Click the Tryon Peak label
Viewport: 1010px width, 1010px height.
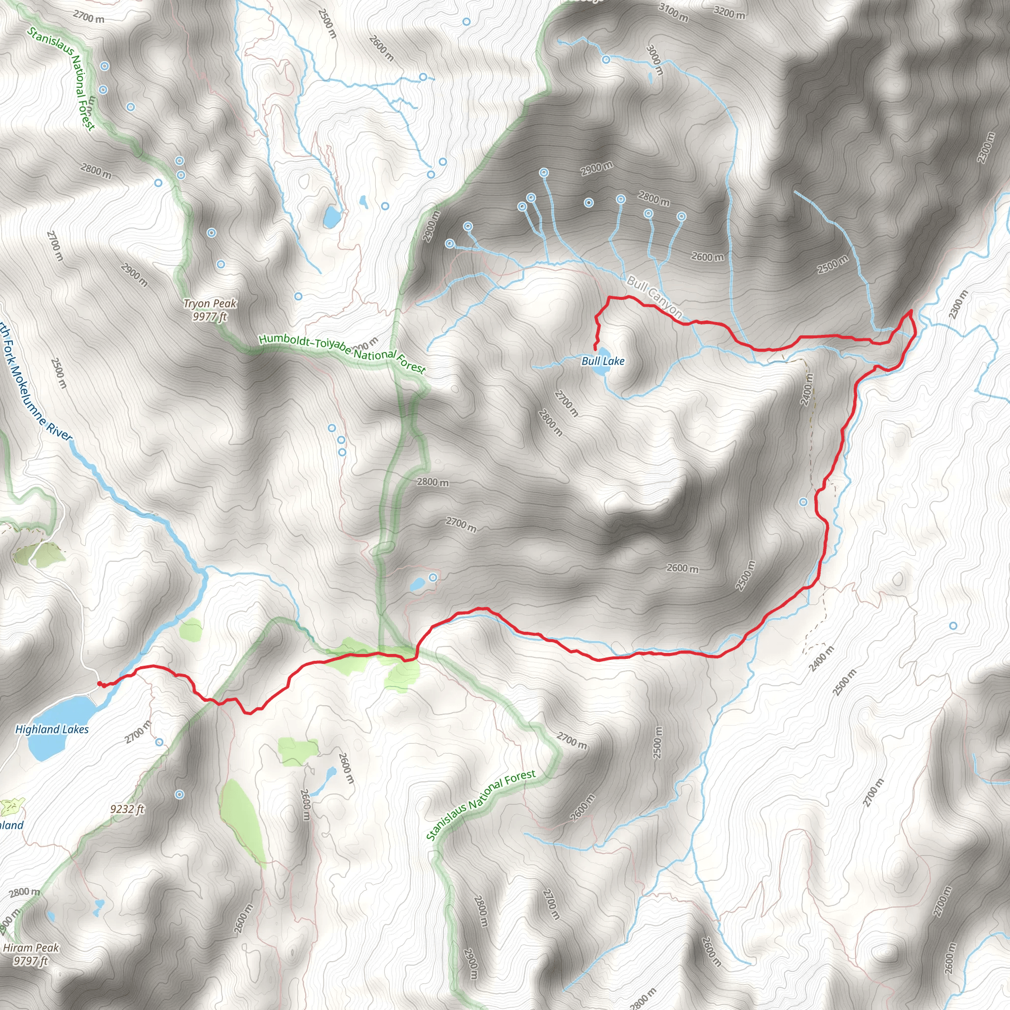pyautogui.click(x=210, y=303)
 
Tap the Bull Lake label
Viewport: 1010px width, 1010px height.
pyautogui.click(x=603, y=361)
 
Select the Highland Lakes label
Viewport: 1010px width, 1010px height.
pyautogui.click(x=52, y=729)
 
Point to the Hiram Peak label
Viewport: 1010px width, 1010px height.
pyautogui.click(x=31, y=947)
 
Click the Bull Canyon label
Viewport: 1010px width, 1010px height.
pyautogui.click(x=654, y=296)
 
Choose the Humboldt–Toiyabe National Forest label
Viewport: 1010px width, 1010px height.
pyautogui.click(x=342, y=353)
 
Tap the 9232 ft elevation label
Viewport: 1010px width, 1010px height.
pyautogui.click(x=127, y=809)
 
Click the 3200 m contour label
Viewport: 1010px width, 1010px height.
pyautogui.click(x=729, y=12)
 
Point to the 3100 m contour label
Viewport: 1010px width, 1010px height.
pyautogui.click(x=673, y=12)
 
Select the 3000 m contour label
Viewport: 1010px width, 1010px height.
pyautogui.click(x=654, y=60)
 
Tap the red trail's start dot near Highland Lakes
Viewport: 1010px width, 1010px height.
pyautogui.click(x=99, y=683)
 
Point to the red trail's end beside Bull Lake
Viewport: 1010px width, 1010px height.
pyautogui.click(x=595, y=348)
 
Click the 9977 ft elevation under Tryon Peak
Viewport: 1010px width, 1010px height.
pyautogui.click(x=210, y=317)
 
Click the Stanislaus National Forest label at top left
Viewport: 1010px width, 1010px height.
pyautogui.click(x=62, y=78)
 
